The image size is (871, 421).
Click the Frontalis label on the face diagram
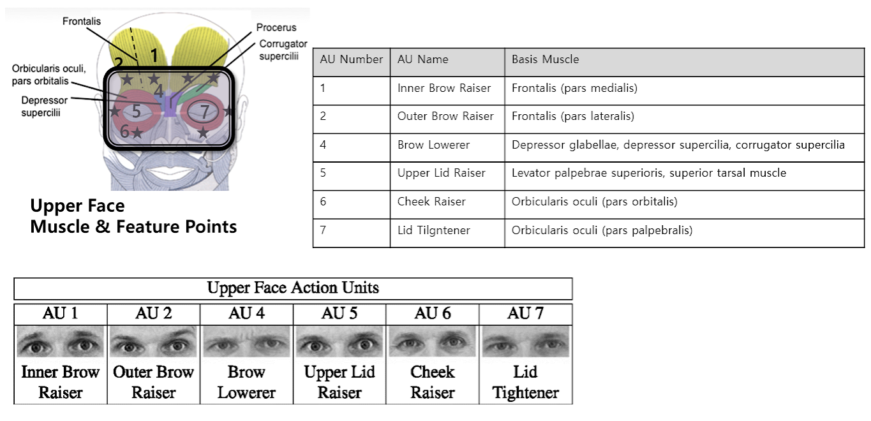click(x=82, y=21)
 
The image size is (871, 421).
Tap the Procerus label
click(x=276, y=27)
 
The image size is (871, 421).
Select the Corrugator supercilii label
click(x=283, y=50)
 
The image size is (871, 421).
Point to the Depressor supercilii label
click(x=44, y=107)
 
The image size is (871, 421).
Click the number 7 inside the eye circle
click(x=205, y=112)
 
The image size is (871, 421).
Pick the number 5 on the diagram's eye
click(x=136, y=111)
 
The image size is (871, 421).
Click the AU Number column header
click(x=352, y=59)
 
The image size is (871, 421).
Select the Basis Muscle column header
click(x=545, y=59)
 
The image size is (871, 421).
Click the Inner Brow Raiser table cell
click(x=444, y=88)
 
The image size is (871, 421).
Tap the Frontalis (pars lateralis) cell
click(x=573, y=116)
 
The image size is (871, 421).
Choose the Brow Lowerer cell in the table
click(x=433, y=145)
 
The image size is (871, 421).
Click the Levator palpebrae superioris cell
click(x=649, y=173)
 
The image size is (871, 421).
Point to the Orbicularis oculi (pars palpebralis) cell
click(x=602, y=230)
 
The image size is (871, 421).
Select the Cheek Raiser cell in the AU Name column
click(x=431, y=202)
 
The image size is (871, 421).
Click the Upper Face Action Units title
click(x=293, y=288)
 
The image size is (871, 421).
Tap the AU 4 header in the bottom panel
click(x=246, y=313)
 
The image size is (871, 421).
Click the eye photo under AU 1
click(x=60, y=341)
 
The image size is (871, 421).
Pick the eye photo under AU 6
click(x=433, y=341)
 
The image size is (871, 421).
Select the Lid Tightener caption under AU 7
click(x=525, y=382)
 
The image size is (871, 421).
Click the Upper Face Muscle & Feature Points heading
click(x=133, y=216)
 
